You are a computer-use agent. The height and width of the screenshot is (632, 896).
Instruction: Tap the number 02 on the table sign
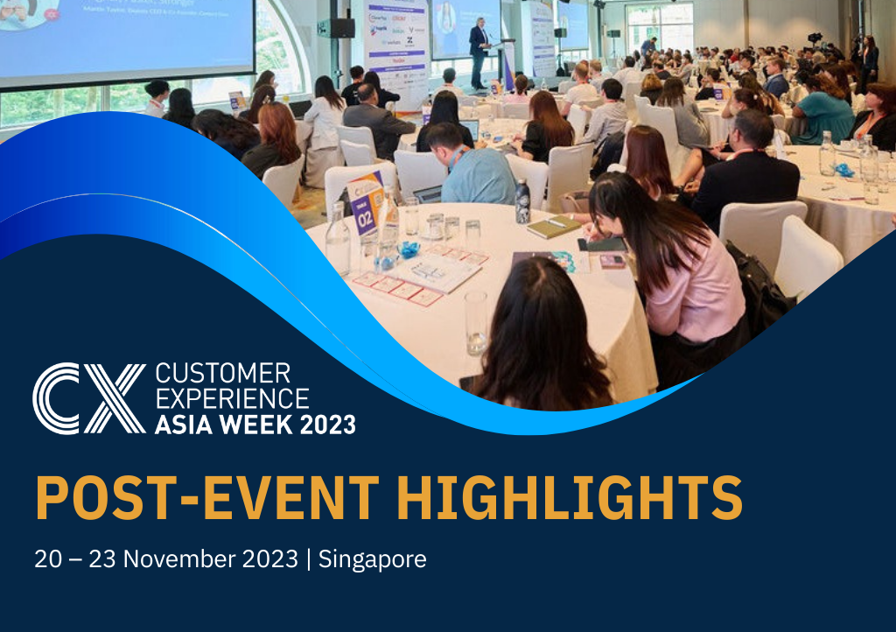click(364, 218)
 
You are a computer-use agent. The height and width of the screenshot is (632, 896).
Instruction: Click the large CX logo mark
click(87, 398)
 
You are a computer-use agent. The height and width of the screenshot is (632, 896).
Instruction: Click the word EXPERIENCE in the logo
click(232, 399)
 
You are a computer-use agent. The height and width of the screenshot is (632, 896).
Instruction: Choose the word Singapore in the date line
click(373, 559)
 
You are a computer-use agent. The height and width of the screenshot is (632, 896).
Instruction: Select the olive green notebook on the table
click(553, 227)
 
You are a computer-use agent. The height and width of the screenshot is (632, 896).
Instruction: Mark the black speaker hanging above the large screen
click(335, 28)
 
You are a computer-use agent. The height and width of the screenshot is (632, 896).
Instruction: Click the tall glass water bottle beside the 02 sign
click(338, 236)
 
